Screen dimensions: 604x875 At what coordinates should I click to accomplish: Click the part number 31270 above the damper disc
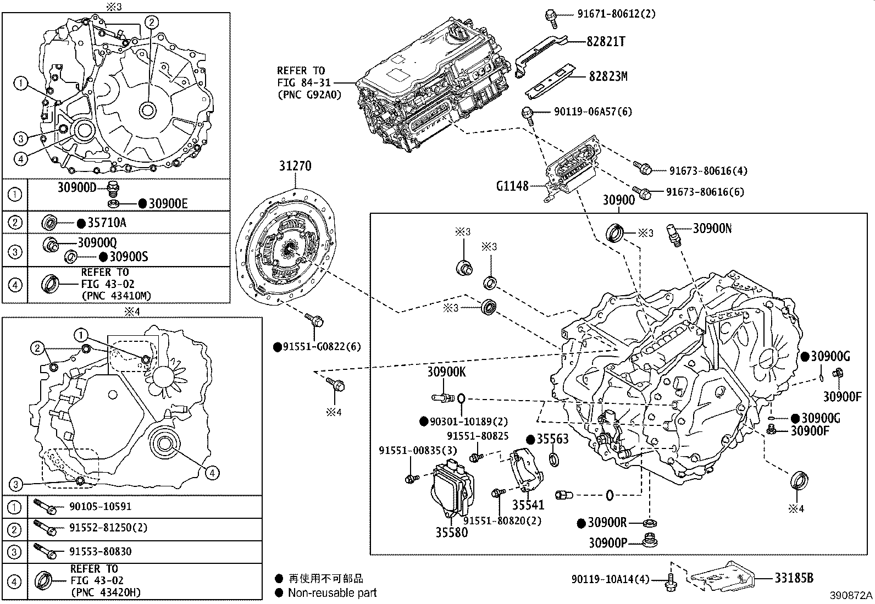pyautogui.click(x=295, y=166)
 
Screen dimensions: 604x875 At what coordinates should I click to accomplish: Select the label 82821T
pyautogui.click(x=607, y=42)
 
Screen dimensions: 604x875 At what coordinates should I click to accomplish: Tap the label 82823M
pyautogui.click(x=608, y=76)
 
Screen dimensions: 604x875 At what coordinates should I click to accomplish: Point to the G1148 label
pyautogui.click(x=512, y=186)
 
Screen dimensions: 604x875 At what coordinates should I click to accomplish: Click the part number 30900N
pyautogui.click(x=712, y=229)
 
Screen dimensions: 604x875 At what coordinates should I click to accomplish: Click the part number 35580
pyautogui.click(x=452, y=532)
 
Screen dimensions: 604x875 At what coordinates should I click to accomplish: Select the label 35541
pyautogui.click(x=528, y=505)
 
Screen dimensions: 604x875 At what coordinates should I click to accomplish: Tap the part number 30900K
pyautogui.click(x=446, y=372)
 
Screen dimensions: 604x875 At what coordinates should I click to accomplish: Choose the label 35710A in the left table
pyautogui.click(x=107, y=223)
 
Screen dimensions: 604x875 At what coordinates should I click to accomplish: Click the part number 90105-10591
pyautogui.click(x=100, y=506)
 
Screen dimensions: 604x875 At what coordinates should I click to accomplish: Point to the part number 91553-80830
pyautogui.click(x=100, y=551)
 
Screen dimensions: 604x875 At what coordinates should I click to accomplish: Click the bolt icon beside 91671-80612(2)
pyautogui.click(x=551, y=15)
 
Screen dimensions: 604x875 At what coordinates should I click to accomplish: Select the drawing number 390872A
pyautogui.click(x=851, y=596)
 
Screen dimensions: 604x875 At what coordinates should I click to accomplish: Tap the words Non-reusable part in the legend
pyautogui.click(x=333, y=593)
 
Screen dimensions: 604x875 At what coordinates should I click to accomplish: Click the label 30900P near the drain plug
pyautogui.click(x=608, y=542)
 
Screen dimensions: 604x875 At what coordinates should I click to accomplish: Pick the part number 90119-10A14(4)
pyautogui.click(x=610, y=579)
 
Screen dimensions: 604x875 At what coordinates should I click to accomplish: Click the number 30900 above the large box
pyautogui.click(x=619, y=200)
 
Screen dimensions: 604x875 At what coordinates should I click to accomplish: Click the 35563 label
pyautogui.click(x=552, y=439)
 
